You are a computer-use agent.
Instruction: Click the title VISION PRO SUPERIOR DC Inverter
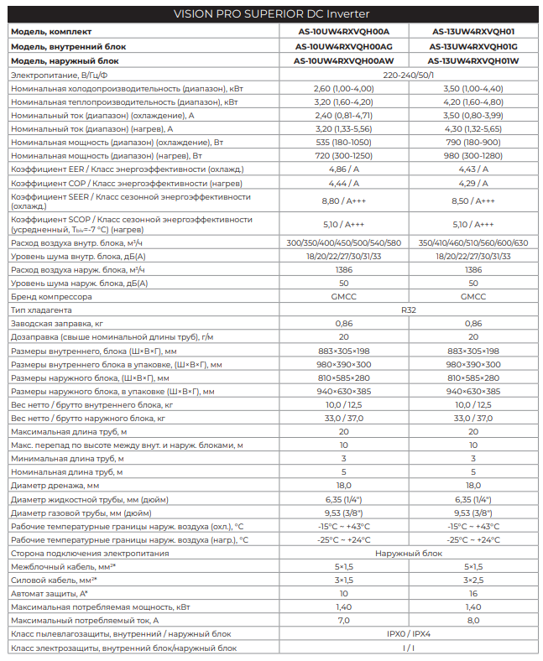pyautogui.click(x=271, y=14)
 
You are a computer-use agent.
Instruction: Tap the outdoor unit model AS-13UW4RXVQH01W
pyautogui.click(x=473, y=60)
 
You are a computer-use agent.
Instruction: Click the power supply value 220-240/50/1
pyautogui.click(x=408, y=75)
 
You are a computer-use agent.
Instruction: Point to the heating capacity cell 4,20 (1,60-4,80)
pyautogui.click(x=473, y=101)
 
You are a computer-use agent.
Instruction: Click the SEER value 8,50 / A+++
pyautogui.click(x=473, y=200)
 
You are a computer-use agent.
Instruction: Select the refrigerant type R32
pyautogui.click(x=408, y=310)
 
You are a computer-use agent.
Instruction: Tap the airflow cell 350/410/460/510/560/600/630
pyautogui.click(x=473, y=242)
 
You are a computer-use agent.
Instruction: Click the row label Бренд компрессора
pyautogui.click(x=51, y=296)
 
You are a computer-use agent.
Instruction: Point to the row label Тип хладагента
pyautogui.click(x=41, y=310)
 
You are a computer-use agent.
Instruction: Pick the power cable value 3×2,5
pyautogui.click(x=473, y=580)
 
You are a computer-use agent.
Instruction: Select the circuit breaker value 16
pyautogui.click(x=473, y=593)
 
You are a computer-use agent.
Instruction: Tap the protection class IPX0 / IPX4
pyautogui.click(x=408, y=633)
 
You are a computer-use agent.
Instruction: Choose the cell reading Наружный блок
pyautogui.click(x=408, y=553)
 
